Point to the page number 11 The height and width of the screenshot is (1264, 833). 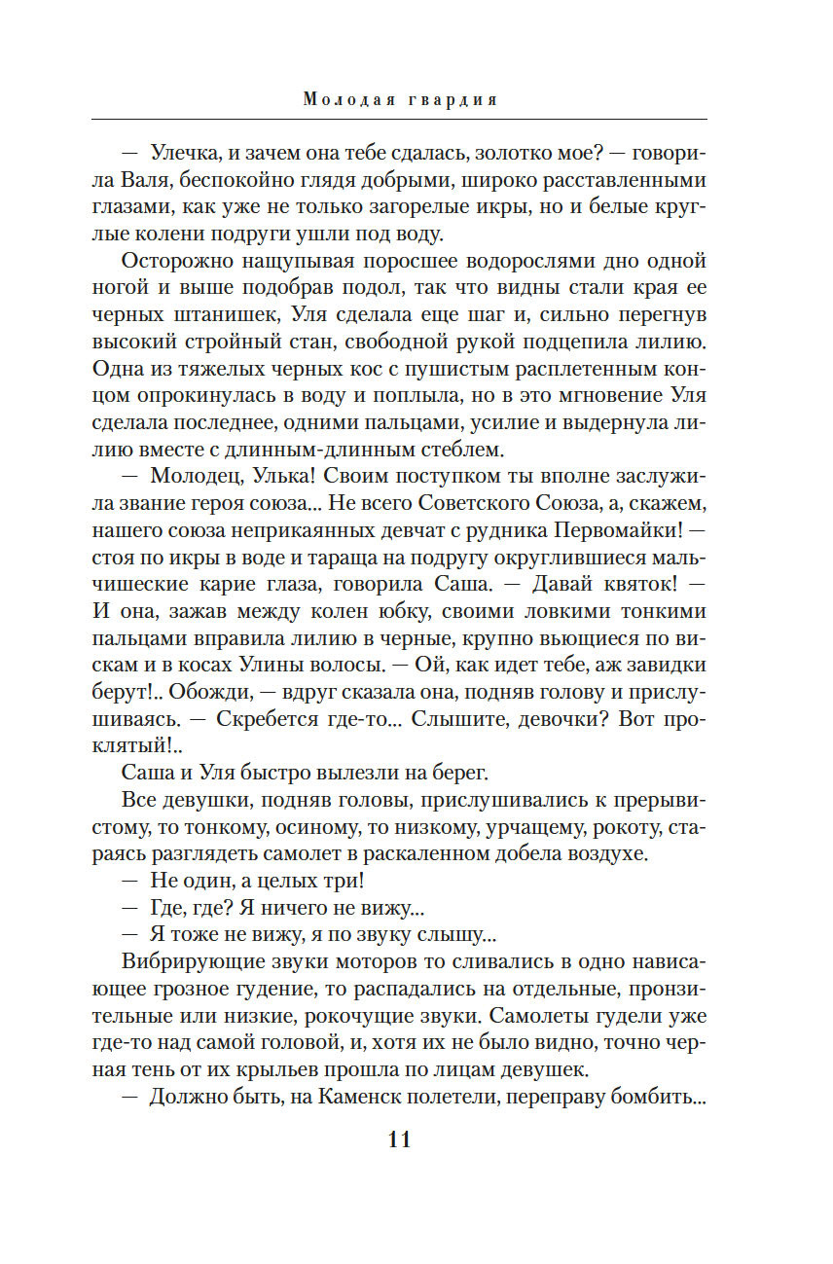(399, 1139)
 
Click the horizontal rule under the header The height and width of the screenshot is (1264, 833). (399, 119)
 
